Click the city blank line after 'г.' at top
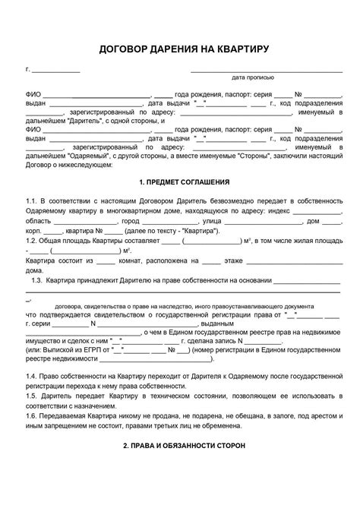55,70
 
